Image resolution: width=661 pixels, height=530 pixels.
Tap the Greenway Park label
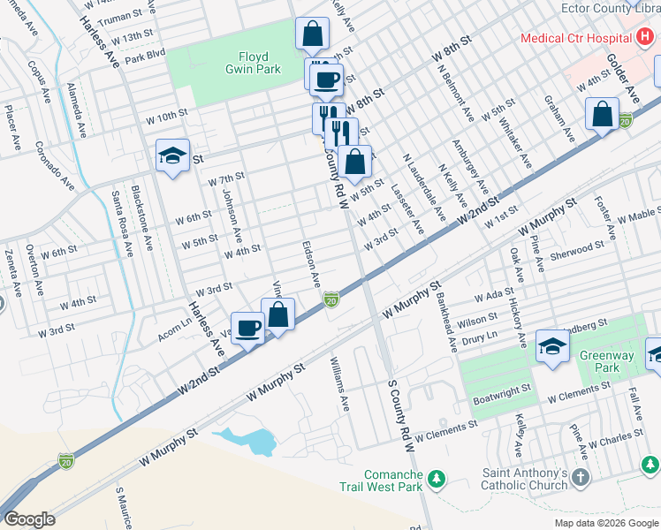coord(606,363)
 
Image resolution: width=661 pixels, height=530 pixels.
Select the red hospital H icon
coord(647,38)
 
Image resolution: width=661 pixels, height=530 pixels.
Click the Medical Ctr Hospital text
coord(575,38)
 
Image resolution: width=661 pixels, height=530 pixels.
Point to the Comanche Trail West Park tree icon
coord(434,479)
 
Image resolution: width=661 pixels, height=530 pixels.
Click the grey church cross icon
coord(580,478)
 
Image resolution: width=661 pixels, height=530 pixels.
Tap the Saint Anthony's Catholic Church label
coord(524,478)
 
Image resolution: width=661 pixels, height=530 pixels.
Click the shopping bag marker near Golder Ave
coord(602,114)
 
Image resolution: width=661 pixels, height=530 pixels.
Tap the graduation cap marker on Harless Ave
coord(172,156)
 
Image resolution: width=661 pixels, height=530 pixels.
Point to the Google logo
coord(29,519)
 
